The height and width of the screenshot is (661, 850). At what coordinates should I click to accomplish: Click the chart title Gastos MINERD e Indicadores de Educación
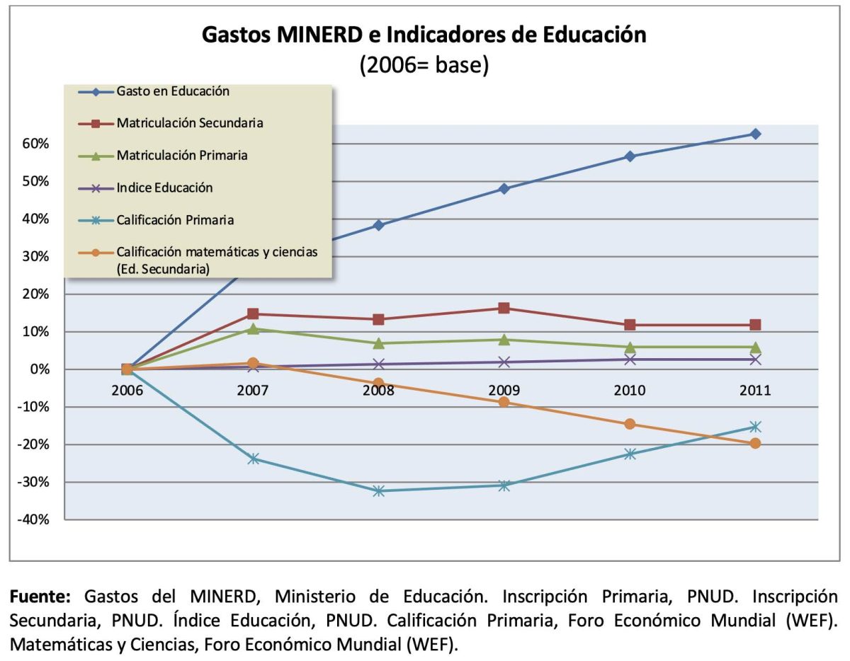pyautogui.click(x=424, y=35)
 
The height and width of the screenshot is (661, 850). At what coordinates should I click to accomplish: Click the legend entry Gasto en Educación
pyautogui.click(x=173, y=91)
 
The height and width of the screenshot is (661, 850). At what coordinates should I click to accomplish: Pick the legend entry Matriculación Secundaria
pyautogui.click(x=190, y=123)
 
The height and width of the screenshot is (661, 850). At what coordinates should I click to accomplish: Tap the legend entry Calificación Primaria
pyautogui.click(x=175, y=220)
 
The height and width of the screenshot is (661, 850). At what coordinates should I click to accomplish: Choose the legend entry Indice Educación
pyautogui.click(x=164, y=188)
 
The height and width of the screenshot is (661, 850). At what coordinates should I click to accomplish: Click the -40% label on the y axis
pyautogui.click(x=33, y=519)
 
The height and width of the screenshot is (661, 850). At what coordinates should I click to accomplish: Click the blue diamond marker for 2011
pyautogui.click(x=755, y=134)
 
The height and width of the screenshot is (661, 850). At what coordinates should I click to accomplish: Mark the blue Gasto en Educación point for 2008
pyautogui.click(x=379, y=225)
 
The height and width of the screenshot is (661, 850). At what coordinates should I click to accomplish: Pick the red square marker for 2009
pyautogui.click(x=504, y=308)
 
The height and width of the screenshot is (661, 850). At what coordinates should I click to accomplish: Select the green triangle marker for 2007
pyautogui.click(x=253, y=329)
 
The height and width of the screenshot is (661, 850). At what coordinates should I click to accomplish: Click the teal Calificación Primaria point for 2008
pyautogui.click(x=379, y=490)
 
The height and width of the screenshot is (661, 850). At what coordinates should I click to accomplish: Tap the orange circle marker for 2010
pyautogui.click(x=630, y=424)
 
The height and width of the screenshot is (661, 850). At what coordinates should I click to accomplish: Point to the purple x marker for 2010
pyautogui.click(x=630, y=360)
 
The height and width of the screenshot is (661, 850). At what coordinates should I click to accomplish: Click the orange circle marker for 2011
pyautogui.click(x=755, y=443)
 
